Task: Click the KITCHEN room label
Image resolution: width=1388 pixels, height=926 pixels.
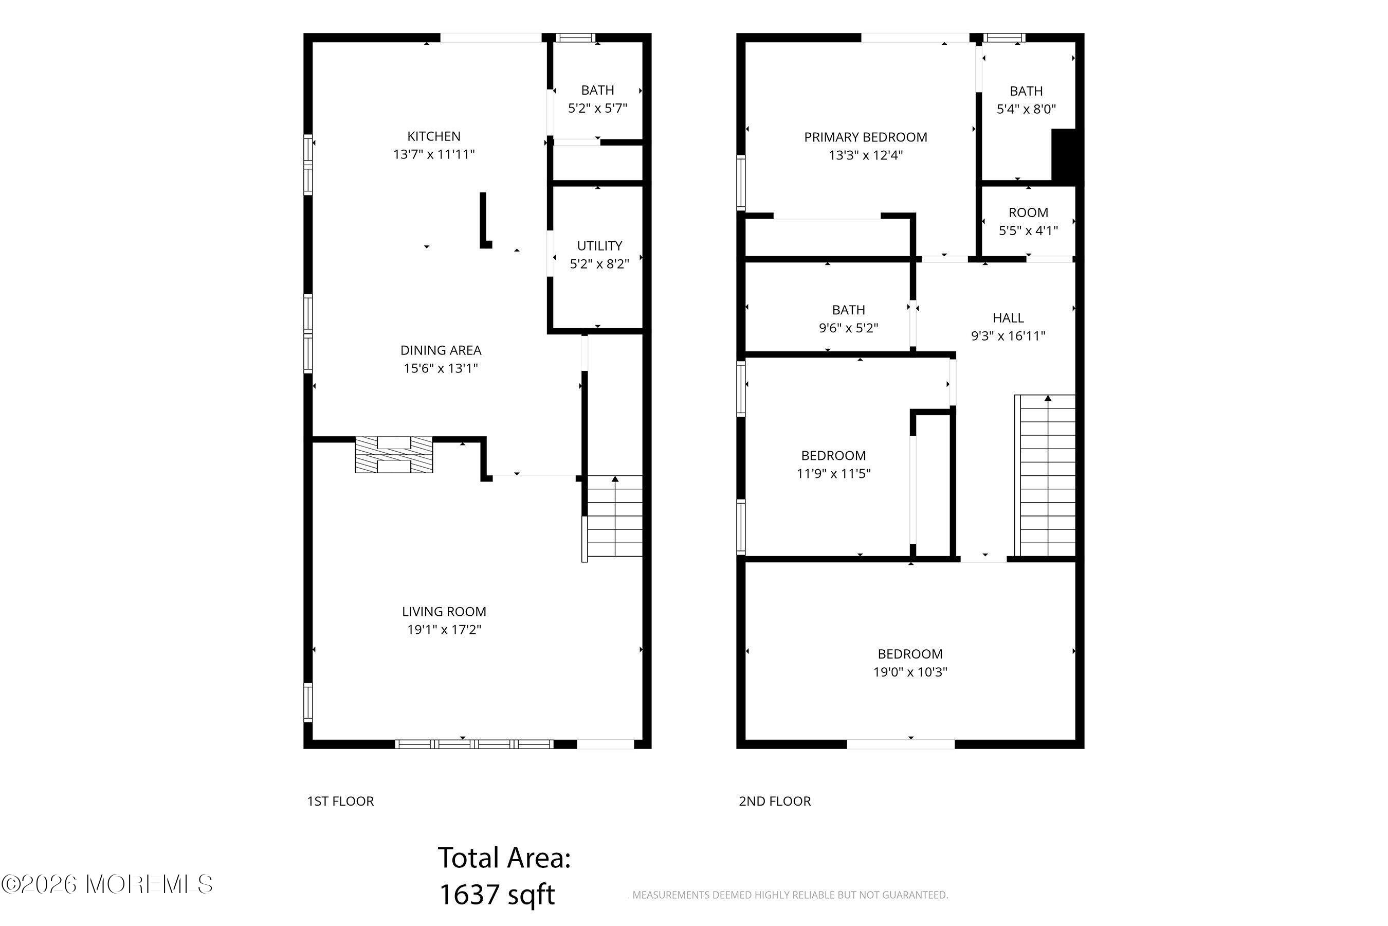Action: pyautogui.click(x=434, y=136)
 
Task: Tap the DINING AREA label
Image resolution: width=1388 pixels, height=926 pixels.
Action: pyautogui.click(x=441, y=350)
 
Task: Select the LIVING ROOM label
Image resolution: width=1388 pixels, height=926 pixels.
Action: pyautogui.click(x=444, y=612)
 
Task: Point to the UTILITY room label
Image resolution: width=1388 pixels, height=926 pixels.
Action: pyautogui.click(x=599, y=246)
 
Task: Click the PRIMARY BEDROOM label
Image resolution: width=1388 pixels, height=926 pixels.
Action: pyautogui.click(x=865, y=137)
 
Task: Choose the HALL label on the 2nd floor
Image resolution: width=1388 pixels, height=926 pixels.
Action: pyautogui.click(x=1008, y=318)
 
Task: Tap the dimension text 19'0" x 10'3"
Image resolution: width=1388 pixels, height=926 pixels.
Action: pyautogui.click(x=910, y=672)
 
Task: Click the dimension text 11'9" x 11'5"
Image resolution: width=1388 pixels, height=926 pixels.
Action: pyautogui.click(x=833, y=474)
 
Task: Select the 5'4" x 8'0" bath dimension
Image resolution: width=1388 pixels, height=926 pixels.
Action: pyautogui.click(x=1026, y=109)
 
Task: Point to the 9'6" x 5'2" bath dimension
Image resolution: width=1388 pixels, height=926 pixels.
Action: pyautogui.click(x=848, y=328)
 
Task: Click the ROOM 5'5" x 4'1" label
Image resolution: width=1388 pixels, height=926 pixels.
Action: pyautogui.click(x=1028, y=221)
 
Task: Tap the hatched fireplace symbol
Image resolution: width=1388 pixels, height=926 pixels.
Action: pyautogui.click(x=394, y=455)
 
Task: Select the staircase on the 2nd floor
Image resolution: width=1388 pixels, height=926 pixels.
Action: pyautogui.click(x=1045, y=475)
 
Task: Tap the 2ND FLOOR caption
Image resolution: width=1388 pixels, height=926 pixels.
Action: pyautogui.click(x=775, y=802)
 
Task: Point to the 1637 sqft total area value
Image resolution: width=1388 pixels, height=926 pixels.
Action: pyautogui.click(x=497, y=895)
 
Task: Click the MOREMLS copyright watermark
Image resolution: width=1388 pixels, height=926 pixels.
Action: pyautogui.click(x=107, y=885)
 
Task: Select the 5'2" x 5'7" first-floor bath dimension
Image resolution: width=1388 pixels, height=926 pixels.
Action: pyautogui.click(x=597, y=108)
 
